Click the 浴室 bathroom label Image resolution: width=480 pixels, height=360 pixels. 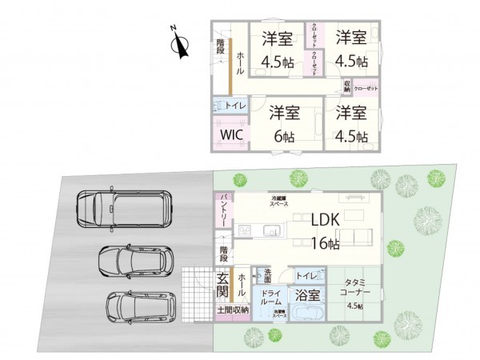click(x=310, y=294)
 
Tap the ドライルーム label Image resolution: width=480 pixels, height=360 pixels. click(x=271, y=298)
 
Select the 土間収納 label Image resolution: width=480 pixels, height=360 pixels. click(x=232, y=309)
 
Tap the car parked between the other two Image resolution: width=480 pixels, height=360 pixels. click(x=135, y=260)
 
